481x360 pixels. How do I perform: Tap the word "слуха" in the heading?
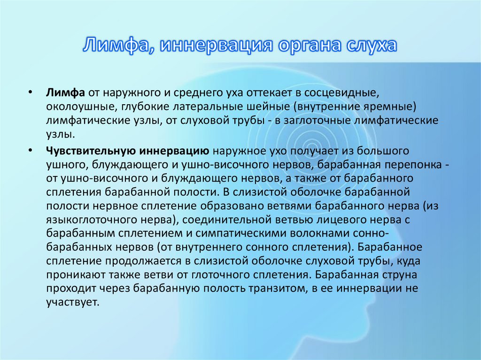tap(372, 46)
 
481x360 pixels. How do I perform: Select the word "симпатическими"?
tap(240, 234)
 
